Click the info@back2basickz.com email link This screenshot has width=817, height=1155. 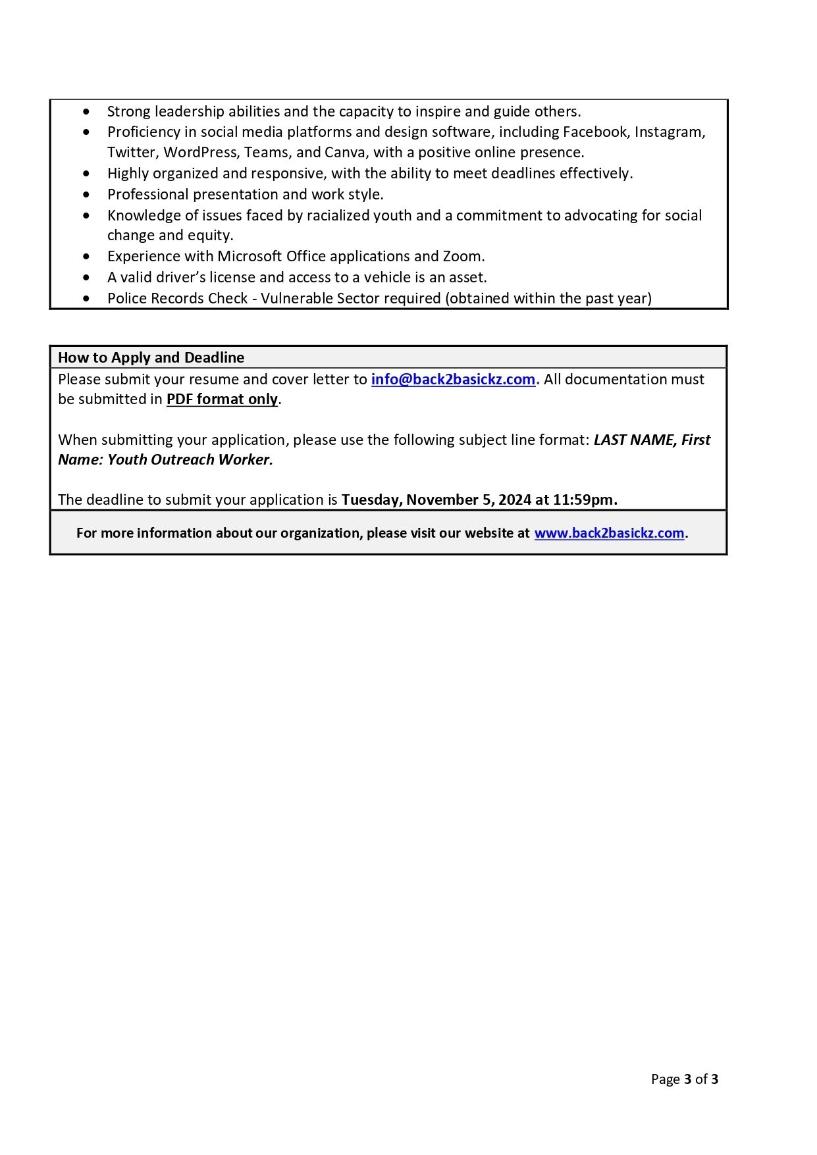coord(453,379)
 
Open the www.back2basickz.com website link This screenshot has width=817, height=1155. coord(609,533)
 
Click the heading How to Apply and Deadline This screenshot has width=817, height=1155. coord(151,357)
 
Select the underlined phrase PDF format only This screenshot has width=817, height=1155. coord(222,399)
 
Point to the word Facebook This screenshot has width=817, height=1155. coord(595,132)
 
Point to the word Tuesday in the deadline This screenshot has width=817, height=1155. coord(369,500)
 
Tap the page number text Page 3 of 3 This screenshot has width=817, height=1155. coord(684,1079)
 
